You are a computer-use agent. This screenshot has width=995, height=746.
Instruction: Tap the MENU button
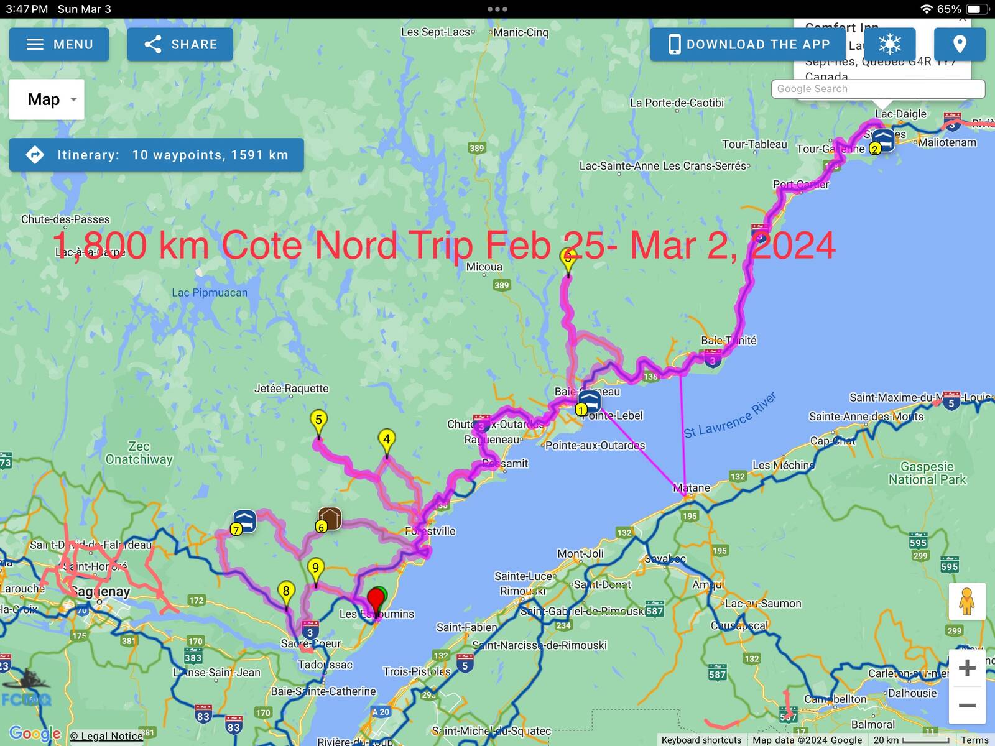[x=59, y=44]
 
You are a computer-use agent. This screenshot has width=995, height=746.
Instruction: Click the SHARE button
[x=180, y=44]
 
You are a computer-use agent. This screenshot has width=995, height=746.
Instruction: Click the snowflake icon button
[x=889, y=44]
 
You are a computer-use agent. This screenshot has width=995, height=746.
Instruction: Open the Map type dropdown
[x=47, y=99]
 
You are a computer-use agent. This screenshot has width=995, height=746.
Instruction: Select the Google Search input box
[x=877, y=89]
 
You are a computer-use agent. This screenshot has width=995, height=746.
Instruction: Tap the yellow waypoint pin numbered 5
[x=318, y=421]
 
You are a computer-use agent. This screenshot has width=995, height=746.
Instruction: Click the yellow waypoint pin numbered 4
[x=387, y=440]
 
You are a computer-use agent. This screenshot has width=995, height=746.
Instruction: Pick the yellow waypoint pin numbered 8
[x=286, y=592]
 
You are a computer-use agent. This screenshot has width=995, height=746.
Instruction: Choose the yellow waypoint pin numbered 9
[x=316, y=569]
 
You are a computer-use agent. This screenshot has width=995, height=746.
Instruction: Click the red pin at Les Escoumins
[x=376, y=601]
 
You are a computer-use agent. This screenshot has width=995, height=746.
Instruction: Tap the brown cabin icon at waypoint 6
[x=330, y=518]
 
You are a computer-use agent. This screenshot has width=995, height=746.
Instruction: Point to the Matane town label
[x=692, y=488]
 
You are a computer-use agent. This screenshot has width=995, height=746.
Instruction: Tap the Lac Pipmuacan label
[x=210, y=293]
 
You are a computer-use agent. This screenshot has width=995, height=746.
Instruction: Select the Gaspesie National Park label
[x=927, y=473]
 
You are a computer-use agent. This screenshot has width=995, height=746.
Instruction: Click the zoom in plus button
[x=966, y=668]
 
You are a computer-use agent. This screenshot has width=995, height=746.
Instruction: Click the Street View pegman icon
[x=966, y=602]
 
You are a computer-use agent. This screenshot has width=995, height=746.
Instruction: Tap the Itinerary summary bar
[x=157, y=155]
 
